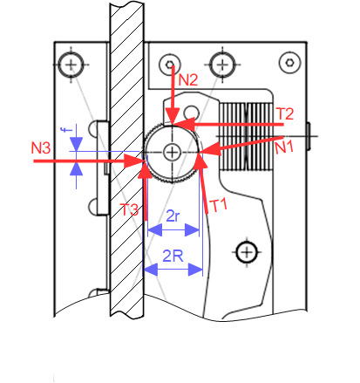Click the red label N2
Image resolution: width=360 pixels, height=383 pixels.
188,79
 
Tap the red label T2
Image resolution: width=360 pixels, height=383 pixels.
285,113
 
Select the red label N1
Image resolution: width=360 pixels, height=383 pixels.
284,147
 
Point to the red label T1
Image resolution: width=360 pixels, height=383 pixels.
218,206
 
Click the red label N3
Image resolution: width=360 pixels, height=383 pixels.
41,147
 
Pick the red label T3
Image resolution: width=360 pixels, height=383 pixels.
129,209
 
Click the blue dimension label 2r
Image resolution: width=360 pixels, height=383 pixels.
173,216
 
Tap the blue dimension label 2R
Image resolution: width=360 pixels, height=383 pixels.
173,256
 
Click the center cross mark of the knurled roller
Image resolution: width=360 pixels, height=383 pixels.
172,152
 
